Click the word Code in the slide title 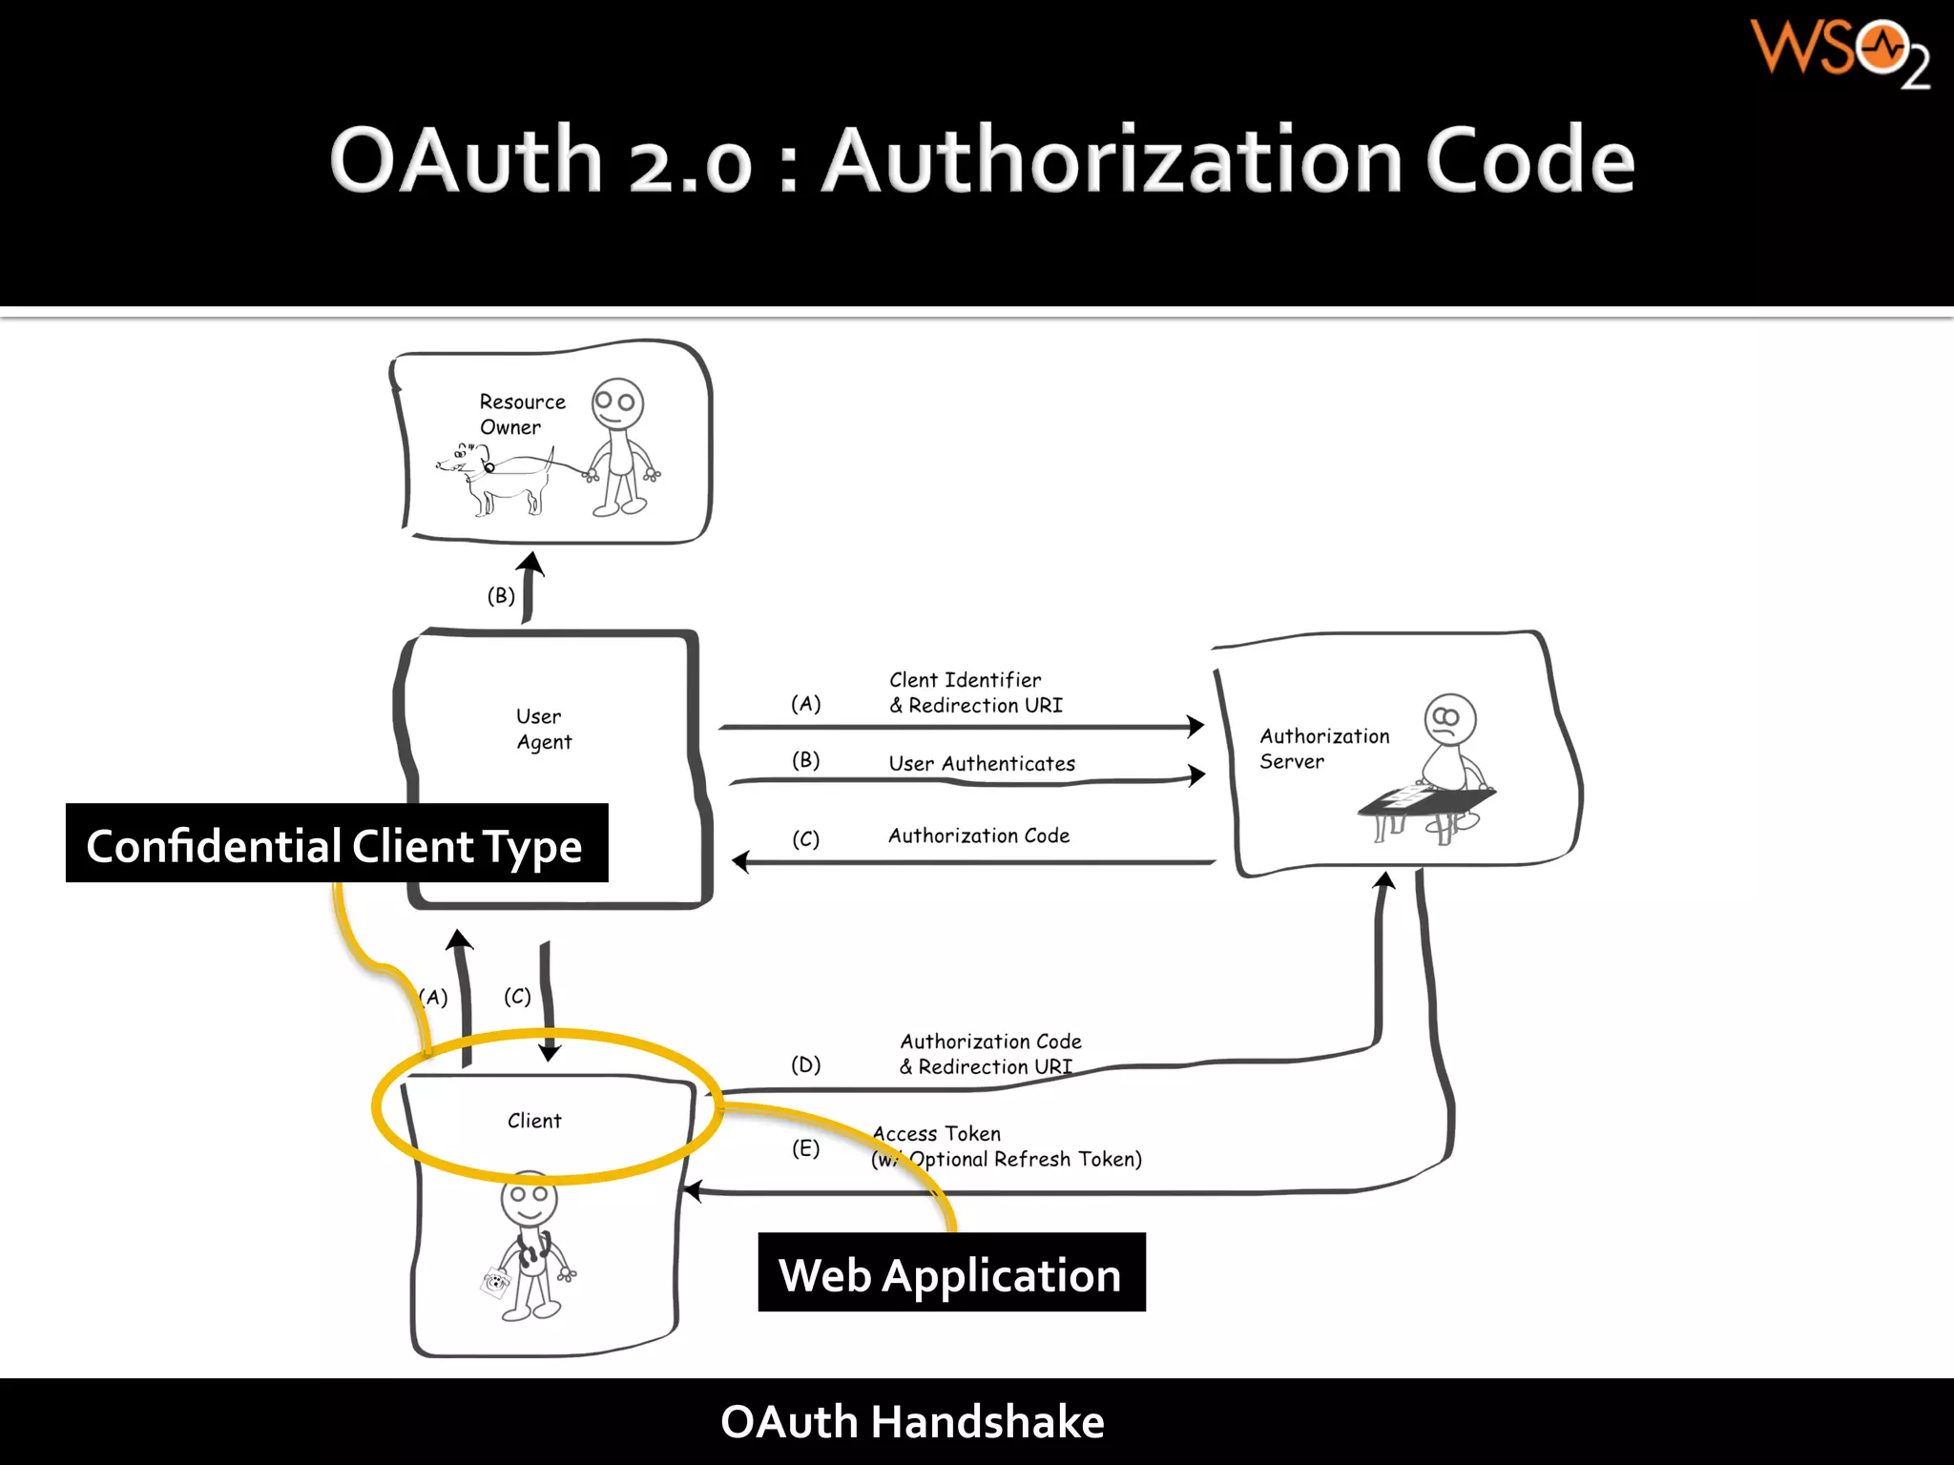tap(1529, 160)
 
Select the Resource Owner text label tap(522, 414)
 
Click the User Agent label tap(543, 729)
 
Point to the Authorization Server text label tap(1323, 748)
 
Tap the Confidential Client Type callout tap(336, 845)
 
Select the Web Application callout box tap(950, 1273)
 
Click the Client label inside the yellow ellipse tap(534, 1121)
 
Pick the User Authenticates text tap(981, 763)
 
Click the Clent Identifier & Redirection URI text tap(974, 692)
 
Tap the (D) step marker tap(805, 1064)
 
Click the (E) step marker tap(805, 1148)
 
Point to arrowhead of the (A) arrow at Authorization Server tap(1195, 726)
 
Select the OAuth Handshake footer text tap(912, 1421)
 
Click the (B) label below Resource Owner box tap(501, 596)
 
